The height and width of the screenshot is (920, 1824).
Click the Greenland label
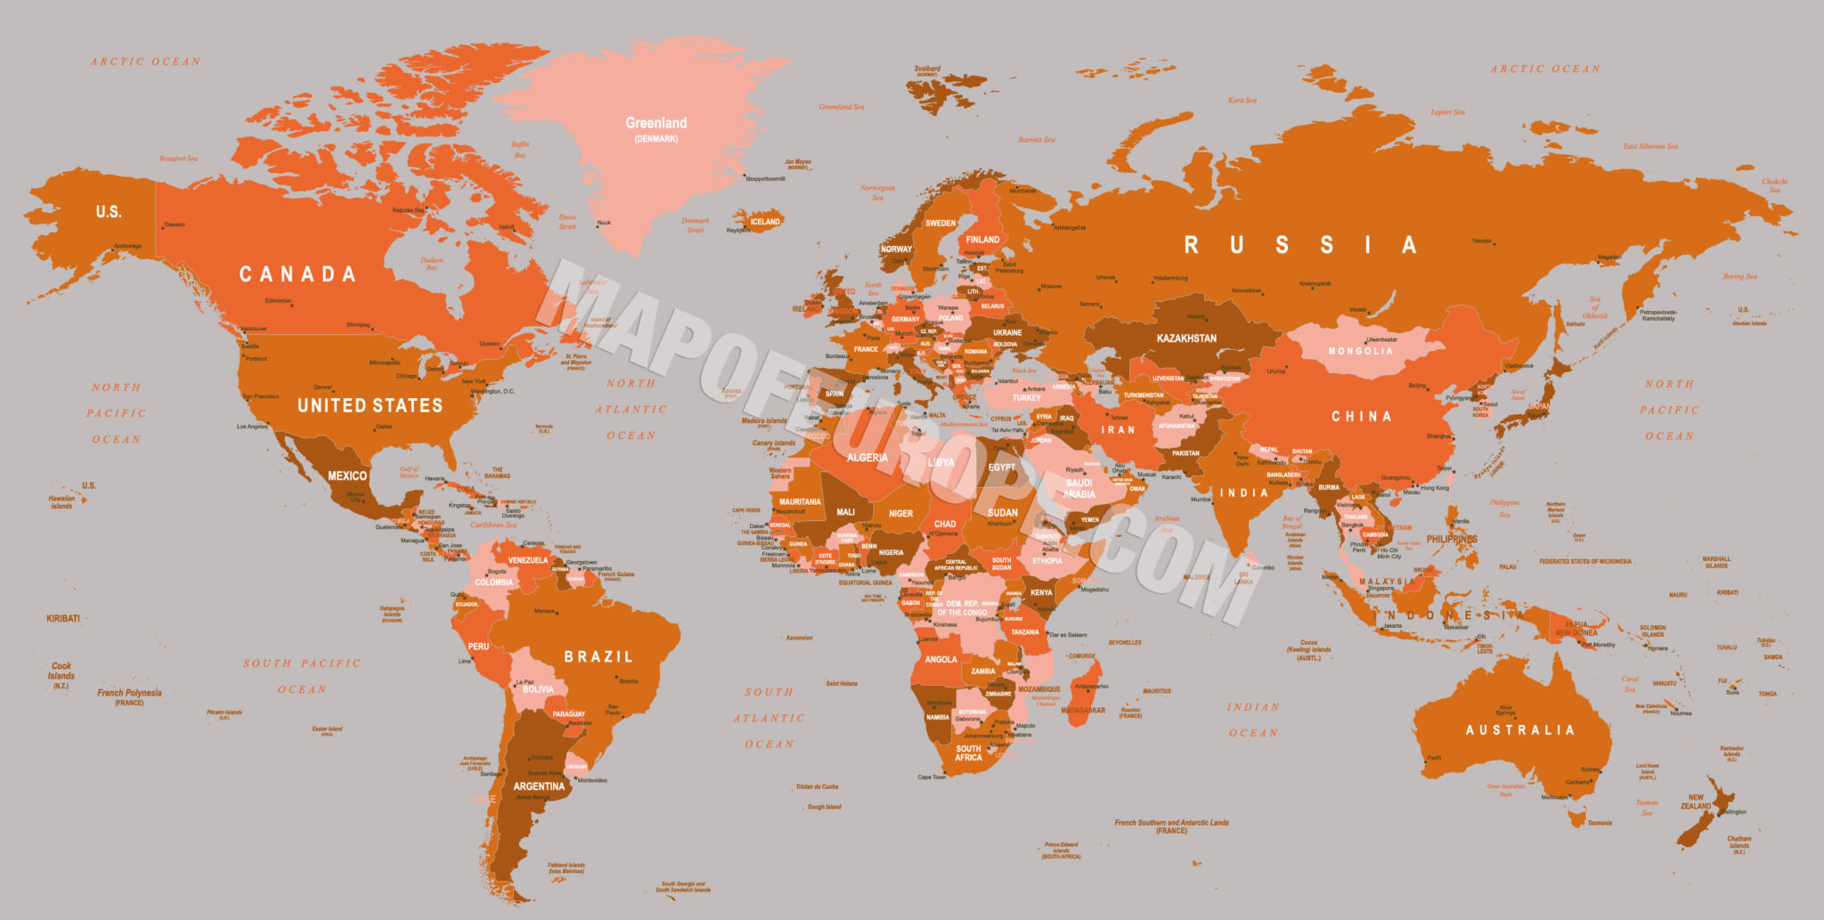click(656, 124)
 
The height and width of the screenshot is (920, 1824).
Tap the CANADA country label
click(297, 274)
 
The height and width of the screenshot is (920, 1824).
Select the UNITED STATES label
click(370, 406)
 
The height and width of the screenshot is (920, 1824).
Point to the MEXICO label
click(347, 476)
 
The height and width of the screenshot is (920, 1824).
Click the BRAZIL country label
click(598, 657)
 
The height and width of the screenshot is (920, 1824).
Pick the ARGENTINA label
click(539, 786)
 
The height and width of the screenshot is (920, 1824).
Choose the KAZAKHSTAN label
click(1186, 338)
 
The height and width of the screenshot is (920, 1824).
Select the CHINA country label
click(1361, 417)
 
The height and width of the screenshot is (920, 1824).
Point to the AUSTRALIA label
click(1520, 730)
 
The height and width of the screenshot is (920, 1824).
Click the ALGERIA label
click(867, 458)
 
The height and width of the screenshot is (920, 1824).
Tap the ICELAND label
click(765, 222)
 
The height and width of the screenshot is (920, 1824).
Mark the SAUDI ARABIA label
click(1079, 489)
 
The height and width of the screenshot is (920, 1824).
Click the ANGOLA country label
click(940, 660)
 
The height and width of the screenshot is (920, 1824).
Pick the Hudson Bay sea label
click(432, 264)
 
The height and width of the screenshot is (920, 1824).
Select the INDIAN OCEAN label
click(1253, 720)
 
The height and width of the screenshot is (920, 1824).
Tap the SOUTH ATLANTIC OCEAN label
click(769, 718)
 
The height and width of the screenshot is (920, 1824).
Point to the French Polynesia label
click(130, 693)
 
